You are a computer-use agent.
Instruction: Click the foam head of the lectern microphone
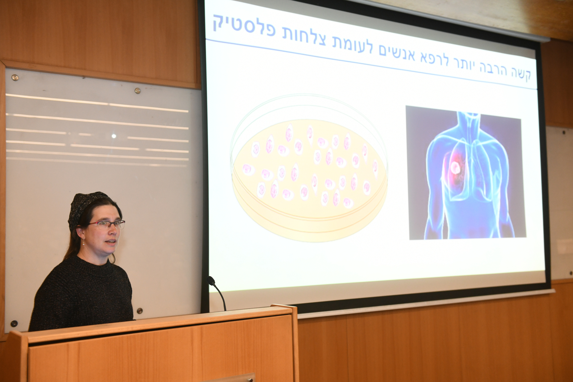[211, 280]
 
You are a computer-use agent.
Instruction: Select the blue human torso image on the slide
[466, 173]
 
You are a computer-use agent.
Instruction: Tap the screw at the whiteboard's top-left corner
[15, 77]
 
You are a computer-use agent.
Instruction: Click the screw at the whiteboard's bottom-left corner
[14, 323]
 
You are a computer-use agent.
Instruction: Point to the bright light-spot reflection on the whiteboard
[114, 136]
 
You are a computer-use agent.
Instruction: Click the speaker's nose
[118, 232]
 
